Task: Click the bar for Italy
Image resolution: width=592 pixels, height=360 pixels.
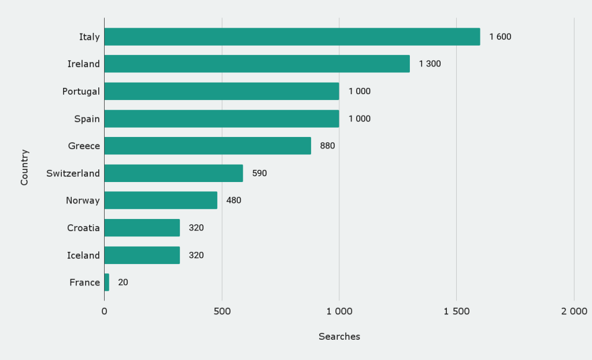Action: pyautogui.click(x=292, y=37)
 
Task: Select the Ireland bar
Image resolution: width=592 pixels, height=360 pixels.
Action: pyautogui.click(x=257, y=64)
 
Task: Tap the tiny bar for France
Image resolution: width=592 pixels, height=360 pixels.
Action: pyautogui.click(x=107, y=283)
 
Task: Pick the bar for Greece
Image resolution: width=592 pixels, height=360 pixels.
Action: pyautogui.click(x=208, y=146)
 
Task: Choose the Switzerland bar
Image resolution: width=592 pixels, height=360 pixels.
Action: pyautogui.click(x=173, y=173)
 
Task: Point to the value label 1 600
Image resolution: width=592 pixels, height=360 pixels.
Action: pyautogui.click(x=500, y=37)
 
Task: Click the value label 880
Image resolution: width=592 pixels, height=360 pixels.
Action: pyautogui.click(x=327, y=146)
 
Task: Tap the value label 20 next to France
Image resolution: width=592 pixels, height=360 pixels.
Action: pyautogui.click(x=123, y=283)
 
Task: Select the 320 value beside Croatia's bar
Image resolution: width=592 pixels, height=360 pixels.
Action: pyautogui.click(x=196, y=228)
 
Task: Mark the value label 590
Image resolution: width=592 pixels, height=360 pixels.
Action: pyautogui.click(x=259, y=173)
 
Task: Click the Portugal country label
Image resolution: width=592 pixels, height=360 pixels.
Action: pyautogui.click(x=81, y=91)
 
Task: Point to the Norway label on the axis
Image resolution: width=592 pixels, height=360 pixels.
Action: pyautogui.click(x=83, y=201)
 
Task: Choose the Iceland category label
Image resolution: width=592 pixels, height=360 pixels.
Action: pyautogui.click(x=83, y=255)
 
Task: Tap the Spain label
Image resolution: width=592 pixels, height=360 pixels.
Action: pyautogui.click(x=87, y=118)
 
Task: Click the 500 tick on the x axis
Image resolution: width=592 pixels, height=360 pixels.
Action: pyautogui.click(x=222, y=311)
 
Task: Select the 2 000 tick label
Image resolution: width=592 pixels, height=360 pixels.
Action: pyautogui.click(x=573, y=311)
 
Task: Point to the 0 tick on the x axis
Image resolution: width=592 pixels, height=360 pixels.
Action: pyautogui.click(x=105, y=311)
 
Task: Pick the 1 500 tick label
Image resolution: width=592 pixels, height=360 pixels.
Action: pyautogui.click(x=456, y=311)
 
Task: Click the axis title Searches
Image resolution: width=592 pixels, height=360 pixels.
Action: pyautogui.click(x=339, y=336)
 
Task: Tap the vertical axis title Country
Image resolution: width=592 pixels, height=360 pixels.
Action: pyautogui.click(x=24, y=168)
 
